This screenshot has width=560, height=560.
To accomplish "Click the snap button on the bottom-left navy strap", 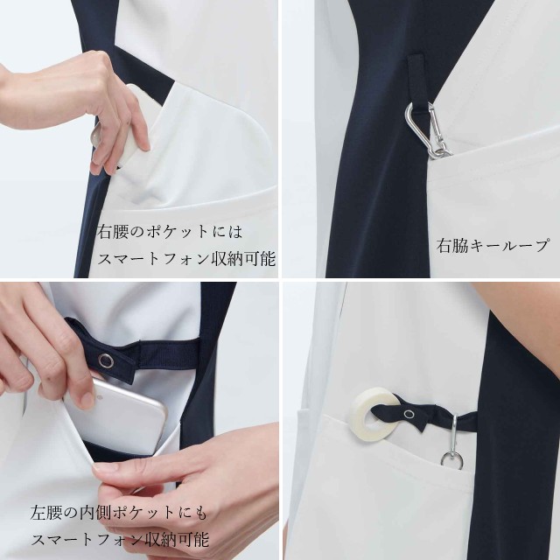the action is click(106, 360).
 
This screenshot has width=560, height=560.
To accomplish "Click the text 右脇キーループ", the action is click(492, 246).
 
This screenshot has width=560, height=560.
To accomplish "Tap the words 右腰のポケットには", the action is click(170, 232).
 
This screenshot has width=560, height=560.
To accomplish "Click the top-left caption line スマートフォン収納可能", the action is click(186, 258).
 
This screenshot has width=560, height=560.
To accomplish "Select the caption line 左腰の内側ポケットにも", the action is click(119, 513).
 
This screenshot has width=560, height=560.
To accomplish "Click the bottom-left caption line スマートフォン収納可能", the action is click(120, 539).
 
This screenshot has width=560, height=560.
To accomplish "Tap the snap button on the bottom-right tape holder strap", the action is click(409, 414).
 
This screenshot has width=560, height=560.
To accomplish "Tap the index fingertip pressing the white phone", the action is click(143, 144).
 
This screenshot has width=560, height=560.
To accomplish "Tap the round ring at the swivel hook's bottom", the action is click(452, 461).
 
